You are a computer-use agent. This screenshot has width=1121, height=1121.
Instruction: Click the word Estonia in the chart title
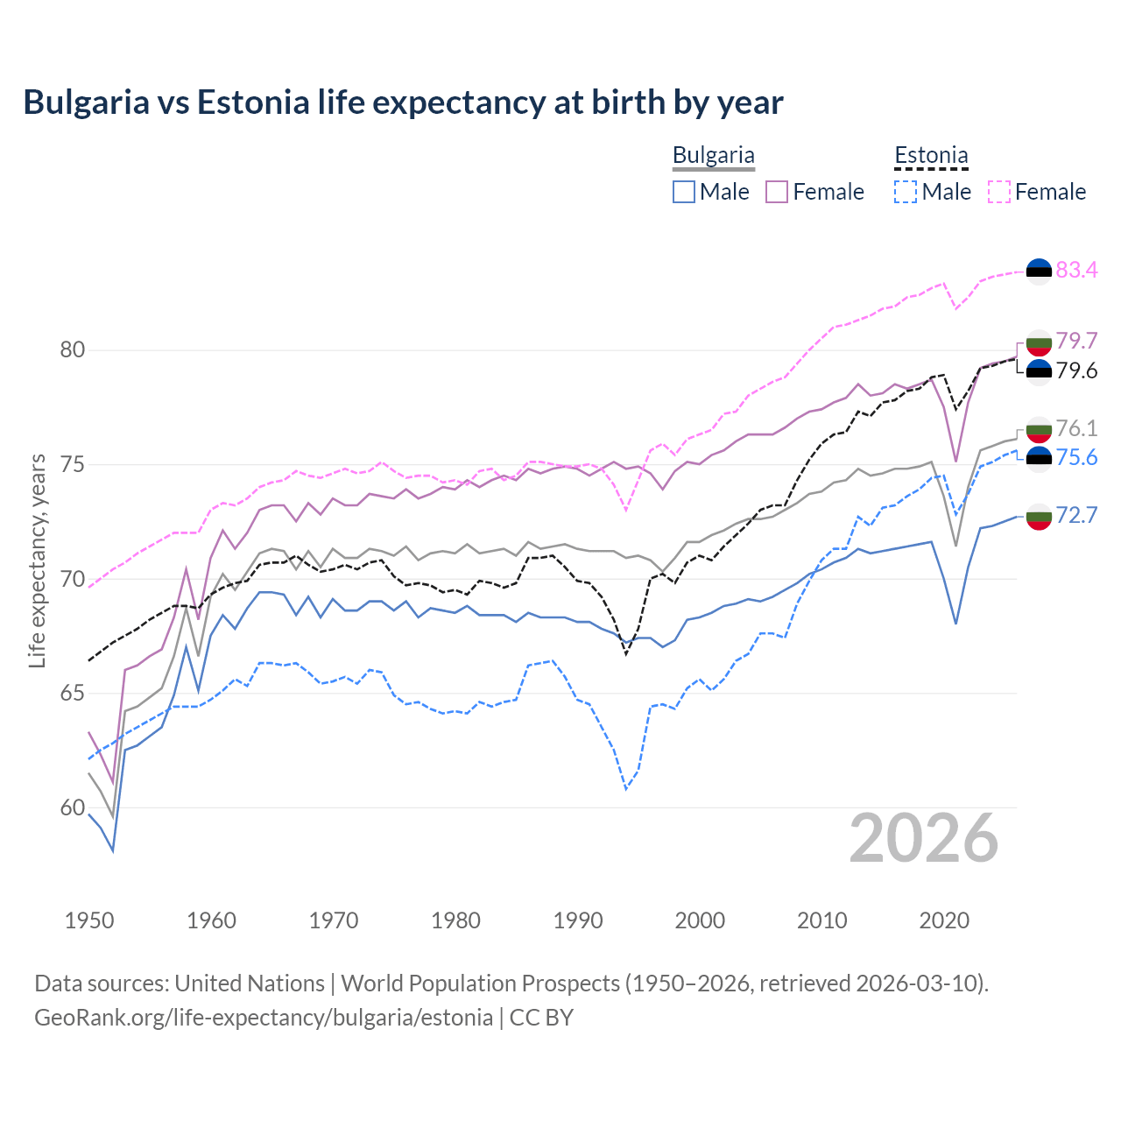click(x=254, y=102)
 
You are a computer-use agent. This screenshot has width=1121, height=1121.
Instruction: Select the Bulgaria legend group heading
click(x=713, y=156)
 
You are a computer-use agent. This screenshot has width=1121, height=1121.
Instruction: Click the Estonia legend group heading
click(x=931, y=156)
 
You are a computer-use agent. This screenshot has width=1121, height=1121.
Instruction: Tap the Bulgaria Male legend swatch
click(x=684, y=192)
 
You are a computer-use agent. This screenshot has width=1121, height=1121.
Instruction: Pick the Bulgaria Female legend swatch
click(x=777, y=192)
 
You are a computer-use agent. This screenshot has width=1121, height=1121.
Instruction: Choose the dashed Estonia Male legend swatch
click(x=906, y=192)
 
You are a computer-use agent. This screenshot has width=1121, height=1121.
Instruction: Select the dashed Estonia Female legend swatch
click(x=999, y=192)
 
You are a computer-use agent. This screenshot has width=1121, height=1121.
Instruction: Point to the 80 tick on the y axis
click(x=73, y=350)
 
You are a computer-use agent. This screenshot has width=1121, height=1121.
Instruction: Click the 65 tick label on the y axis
click(x=73, y=694)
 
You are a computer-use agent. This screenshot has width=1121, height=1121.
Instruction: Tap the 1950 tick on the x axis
click(x=89, y=920)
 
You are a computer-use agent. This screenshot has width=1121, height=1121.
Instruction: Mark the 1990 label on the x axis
click(x=578, y=920)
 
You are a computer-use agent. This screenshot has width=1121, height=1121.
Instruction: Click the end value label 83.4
click(x=1076, y=270)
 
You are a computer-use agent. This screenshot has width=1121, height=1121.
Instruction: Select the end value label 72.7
click(x=1076, y=515)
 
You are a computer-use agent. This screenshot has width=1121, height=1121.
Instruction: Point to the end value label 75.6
click(x=1076, y=458)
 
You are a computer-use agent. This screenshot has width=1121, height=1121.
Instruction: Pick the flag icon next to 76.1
click(x=1039, y=430)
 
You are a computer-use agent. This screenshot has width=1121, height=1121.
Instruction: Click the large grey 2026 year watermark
click(x=924, y=839)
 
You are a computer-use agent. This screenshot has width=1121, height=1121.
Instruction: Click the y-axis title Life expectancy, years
click(x=38, y=560)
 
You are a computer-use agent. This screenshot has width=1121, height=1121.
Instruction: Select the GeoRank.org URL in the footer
click(x=263, y=1018)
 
